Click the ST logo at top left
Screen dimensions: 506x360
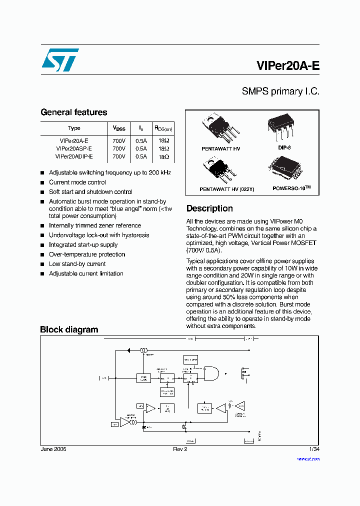point(59,60)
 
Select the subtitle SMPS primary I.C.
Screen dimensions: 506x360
point(280,91)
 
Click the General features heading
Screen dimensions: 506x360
point(73,112)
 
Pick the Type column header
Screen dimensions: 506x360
point(74,128)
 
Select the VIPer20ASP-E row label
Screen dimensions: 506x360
point(74,148)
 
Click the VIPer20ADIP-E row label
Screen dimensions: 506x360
point(74,156)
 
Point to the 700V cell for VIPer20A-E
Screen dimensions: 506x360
point(119,141)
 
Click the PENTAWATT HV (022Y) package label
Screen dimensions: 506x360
point(220,189)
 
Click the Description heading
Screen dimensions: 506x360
point(209,208)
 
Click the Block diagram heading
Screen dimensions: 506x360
point(69,329)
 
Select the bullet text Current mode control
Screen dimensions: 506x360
point(77,182)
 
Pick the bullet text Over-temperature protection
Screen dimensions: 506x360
point(87,254)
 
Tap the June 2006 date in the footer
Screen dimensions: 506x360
point(53,449)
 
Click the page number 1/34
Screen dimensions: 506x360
point(314,449)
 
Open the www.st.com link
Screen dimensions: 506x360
point(308,458)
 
